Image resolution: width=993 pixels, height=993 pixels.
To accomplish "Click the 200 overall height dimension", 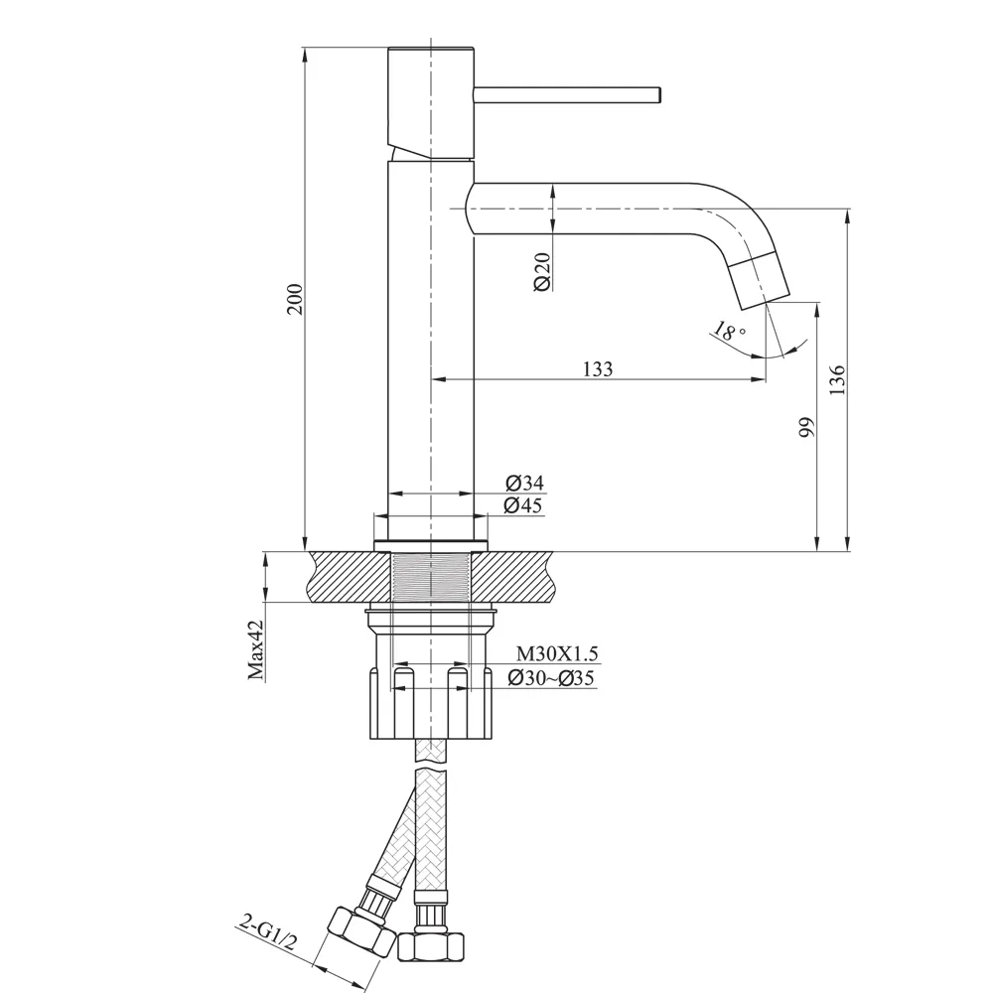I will tap(294, 298).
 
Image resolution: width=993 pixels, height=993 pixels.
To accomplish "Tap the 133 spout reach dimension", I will tap(598, 369).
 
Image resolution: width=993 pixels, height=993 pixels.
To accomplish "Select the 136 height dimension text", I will tap(836, 380).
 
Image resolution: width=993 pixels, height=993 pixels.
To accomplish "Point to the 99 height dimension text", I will tap(806, 427).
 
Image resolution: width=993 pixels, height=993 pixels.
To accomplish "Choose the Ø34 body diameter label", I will tap(524, 484).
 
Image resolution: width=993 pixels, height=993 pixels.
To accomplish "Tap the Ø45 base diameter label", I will tap(524, 505).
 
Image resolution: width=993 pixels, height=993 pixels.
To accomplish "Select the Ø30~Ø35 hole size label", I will tap(551, 678).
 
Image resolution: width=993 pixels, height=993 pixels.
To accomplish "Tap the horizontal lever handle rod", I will tap(567, 94).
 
